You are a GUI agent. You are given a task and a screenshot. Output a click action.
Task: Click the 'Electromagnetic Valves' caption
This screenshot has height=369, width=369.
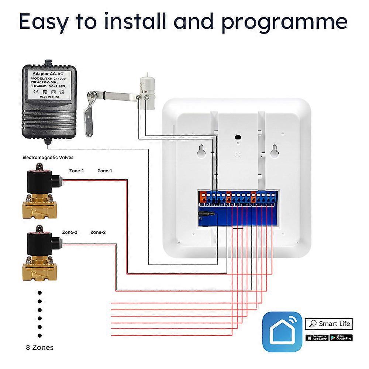(x=48, y=158)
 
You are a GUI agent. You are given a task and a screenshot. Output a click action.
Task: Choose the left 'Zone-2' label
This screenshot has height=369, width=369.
(x=70, y=232)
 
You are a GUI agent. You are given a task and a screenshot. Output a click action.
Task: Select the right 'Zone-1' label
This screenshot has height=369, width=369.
(x=105, y=171)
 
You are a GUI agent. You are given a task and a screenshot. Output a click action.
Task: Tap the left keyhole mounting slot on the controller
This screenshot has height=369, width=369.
(x=201, y=149)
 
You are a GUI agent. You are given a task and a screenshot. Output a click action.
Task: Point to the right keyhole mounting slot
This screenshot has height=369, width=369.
(x=274, y=149)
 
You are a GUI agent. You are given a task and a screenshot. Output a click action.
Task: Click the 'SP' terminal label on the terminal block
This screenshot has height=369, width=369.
(x=202, y=204)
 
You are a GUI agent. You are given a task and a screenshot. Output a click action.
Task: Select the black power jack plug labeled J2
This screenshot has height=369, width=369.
(x=207, y=213)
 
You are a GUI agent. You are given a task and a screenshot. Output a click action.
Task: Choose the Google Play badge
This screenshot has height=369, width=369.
(x=341, y=337)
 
